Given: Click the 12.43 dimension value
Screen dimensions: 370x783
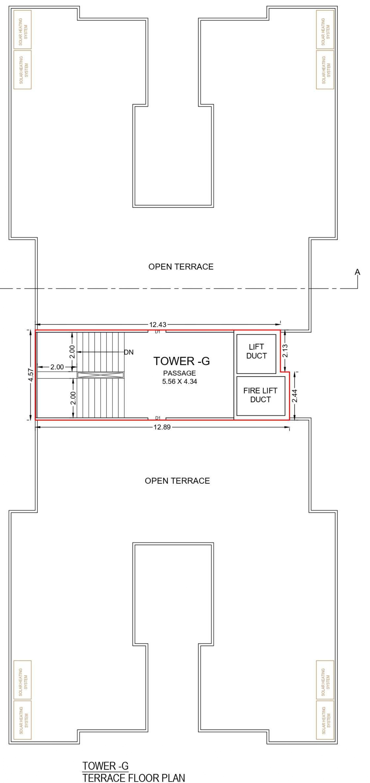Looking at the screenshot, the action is tap(157, 325).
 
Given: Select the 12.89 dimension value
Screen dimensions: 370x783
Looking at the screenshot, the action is tap(162, 427).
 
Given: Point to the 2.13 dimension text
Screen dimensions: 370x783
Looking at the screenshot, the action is tap(285, 350).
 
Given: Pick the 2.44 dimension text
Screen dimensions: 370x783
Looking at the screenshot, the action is tap(295, 396).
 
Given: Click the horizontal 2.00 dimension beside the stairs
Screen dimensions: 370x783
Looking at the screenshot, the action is tap(57, 367).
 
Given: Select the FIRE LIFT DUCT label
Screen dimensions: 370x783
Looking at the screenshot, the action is tap(260, 395).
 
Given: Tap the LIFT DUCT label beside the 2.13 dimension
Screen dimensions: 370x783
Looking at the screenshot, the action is tap(256, 351).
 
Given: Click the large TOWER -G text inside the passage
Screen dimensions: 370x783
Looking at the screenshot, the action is tap(182, 361).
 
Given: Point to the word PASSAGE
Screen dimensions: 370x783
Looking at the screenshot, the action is tap(179, 373).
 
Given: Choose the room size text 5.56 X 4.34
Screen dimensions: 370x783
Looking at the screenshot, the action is tap(179, 381).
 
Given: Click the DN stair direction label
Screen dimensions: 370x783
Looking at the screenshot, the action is tap(129, 352).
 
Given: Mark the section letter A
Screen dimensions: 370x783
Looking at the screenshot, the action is tap(358, 272).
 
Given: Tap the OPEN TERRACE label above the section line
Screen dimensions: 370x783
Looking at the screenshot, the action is tap(181, 267).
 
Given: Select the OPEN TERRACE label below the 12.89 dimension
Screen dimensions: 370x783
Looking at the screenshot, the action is tap(177, 481).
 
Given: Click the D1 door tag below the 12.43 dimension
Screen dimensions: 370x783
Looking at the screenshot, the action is tap(157, 332).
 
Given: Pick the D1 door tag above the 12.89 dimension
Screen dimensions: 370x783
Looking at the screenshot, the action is tap(157, 418).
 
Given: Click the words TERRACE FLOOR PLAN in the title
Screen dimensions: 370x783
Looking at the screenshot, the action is tap(134, 778).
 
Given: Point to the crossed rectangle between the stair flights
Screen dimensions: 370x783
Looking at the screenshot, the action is tap(101, 375).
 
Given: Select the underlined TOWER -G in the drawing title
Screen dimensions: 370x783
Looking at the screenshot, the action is tap(105, 766).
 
